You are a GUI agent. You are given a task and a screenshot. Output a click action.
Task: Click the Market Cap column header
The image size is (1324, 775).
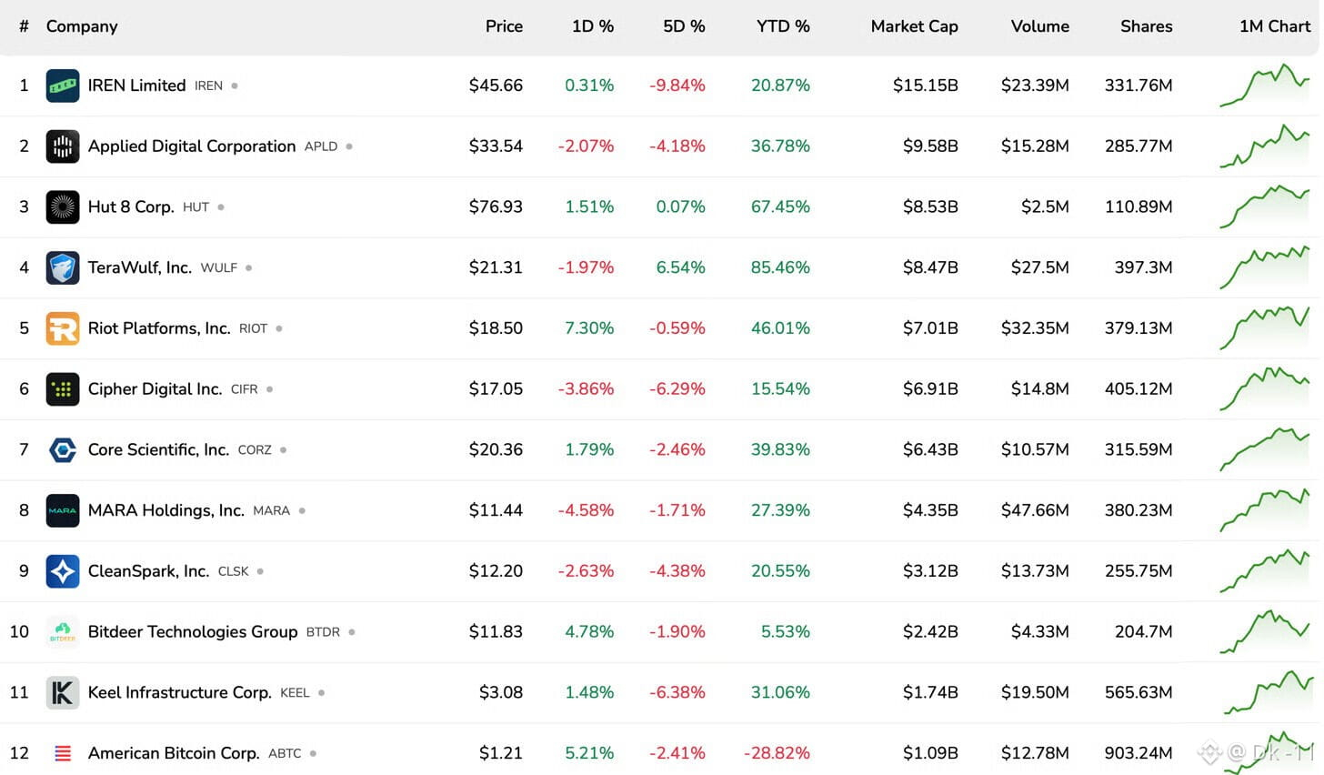point(914,26)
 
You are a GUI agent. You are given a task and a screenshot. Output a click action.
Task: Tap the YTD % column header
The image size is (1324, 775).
point(783,26)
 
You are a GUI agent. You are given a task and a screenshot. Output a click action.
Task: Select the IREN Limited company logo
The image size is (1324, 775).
point(63,86)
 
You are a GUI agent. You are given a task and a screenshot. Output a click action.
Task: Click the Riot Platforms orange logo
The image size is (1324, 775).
point(63,328)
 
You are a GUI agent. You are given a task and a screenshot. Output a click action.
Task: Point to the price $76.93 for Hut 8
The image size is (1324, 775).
point(496,206)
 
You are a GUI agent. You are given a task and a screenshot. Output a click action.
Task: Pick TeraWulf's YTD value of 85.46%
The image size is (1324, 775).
point(780,267)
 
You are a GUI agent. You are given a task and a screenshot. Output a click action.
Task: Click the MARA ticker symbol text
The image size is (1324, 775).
point(271,511)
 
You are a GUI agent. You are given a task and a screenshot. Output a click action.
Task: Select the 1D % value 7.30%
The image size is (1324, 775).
point(588,328)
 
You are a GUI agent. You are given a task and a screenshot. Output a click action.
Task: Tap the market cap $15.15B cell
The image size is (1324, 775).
point(925,86)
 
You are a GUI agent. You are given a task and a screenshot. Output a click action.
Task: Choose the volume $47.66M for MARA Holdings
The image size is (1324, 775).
point(1035,510)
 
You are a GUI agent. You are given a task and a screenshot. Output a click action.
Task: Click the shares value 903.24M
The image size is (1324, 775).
point(1138,753)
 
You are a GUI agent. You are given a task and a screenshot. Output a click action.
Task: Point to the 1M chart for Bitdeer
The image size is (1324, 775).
point(1265,631)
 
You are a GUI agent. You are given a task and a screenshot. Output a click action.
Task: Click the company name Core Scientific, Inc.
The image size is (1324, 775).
point(158,450)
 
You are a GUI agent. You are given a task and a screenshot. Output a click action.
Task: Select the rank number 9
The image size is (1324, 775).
point(24,571)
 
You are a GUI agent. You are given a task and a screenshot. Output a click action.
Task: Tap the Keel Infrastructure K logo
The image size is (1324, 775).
point(63,692)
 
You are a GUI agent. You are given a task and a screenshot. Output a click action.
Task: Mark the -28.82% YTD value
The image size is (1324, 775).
point(777,753)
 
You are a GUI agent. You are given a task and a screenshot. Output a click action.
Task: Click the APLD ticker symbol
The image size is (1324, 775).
point(321,146)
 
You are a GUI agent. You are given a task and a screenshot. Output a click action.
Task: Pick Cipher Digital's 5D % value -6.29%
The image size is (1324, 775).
point(677,389)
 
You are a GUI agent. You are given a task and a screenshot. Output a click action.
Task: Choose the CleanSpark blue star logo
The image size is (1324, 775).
point(63,571)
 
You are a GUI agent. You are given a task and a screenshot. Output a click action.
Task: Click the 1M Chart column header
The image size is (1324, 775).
point(1275,26)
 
